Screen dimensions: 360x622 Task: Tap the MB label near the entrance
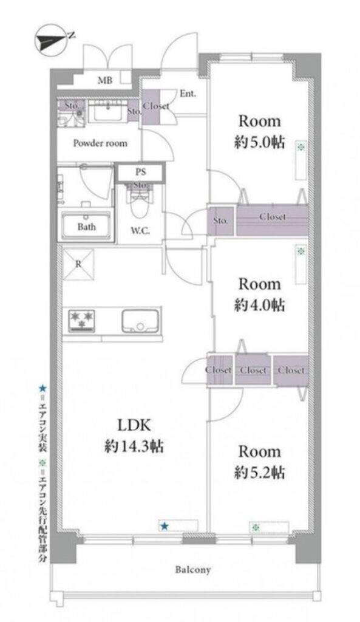click(x=105, y=81)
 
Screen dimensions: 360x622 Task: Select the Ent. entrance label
click(x=188, y=94)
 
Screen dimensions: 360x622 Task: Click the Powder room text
click(x=100, y=143)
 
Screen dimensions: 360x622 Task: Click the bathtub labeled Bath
click(x=86, y=226)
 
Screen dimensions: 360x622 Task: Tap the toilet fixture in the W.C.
click(x=139, y=201)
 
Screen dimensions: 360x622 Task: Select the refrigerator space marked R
click(x=78, y=264)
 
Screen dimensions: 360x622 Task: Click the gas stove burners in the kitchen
click(x=82, y=320)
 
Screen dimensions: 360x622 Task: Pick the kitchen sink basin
click(x=140, y=321)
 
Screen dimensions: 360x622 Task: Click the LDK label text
click(x=134, y=426)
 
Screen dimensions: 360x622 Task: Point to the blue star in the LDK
click(x=164, y=527)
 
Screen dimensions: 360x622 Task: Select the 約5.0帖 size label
click(x=259, y=142)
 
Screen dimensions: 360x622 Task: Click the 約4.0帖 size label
click(x=259, y=306)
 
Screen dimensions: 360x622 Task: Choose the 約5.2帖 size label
click(x=259, y=473)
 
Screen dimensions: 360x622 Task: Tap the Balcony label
click(x=193, y=570)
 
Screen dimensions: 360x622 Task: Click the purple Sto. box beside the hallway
click(x=220, y=220)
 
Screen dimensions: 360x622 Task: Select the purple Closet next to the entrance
click(x=151, y=107)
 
